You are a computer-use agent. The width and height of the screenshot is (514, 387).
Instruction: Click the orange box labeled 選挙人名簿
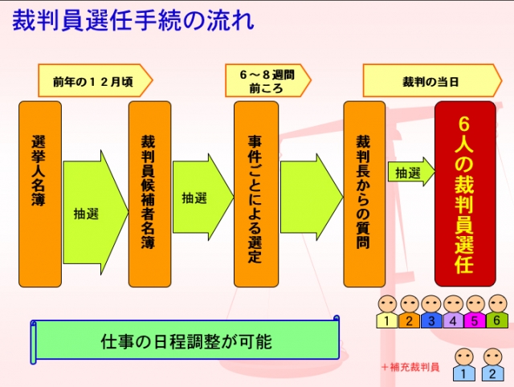click(x=40, y=193)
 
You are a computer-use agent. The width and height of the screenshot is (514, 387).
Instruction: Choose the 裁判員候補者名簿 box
click(x=149, y=193)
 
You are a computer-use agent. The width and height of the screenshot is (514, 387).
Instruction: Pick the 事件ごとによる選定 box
click(x=255, y=193)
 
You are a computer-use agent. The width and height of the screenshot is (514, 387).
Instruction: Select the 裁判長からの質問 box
click(x=364, y=193)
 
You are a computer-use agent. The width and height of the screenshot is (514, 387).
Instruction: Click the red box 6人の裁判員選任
click(x=471, y=193)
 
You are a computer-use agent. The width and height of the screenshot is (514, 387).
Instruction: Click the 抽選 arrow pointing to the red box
click(x=410, y=173)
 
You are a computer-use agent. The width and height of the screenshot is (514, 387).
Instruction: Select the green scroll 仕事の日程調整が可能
click(x=186, y=340)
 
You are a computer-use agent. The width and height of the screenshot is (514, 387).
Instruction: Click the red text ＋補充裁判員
click(x=410, y=366)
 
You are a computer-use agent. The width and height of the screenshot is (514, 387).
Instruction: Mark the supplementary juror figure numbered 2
click(x=490, y=365)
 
